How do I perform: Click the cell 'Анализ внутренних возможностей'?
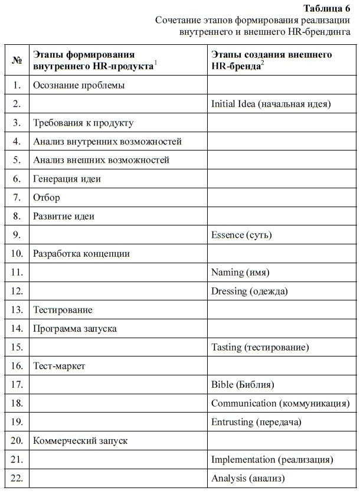click(x=107, y=142)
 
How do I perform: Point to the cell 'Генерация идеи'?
click(x=67, y=178)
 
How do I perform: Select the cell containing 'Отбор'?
click(x=47, y=197)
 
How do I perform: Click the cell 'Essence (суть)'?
click(x=241, y=235)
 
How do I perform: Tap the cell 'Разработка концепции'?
click(x=81, y=254)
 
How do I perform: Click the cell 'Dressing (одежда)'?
click(x=250, y=291)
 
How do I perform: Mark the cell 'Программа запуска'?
click(x=75, y=328)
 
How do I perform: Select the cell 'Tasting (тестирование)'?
click(x=260, y=347)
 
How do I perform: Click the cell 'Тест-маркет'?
click(x=60, y=366)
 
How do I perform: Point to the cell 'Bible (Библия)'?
click(x=243, y=385)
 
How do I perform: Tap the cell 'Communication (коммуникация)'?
click(x=278, y=404)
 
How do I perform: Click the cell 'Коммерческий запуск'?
click(x=80, y=440)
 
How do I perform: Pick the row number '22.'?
click(x=17, y=477)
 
